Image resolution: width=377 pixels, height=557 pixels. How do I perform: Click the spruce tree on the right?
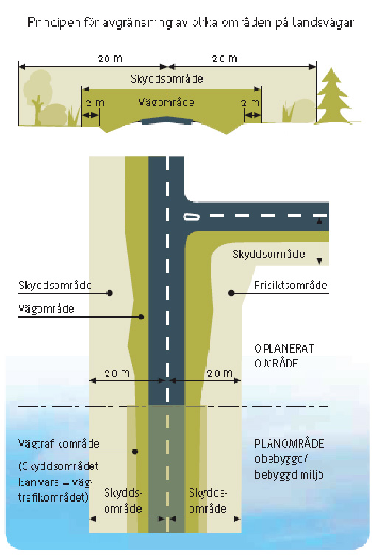tap(333, 97)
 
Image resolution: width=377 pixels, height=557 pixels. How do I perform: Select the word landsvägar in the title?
tap(323, 22)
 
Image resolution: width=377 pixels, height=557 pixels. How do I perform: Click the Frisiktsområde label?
tap(291, 286)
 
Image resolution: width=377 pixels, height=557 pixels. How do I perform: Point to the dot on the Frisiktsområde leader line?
tap(231, 293)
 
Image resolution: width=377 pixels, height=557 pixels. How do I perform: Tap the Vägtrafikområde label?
tap(58, 443)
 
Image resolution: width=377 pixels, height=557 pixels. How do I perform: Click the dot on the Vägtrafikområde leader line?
tap(135, 452)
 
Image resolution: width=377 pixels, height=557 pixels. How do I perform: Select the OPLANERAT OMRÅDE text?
tap(284, 356)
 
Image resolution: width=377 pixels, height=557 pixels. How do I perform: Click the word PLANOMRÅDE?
tap(289, 443)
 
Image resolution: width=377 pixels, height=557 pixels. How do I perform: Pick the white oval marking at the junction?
tap(192, 216)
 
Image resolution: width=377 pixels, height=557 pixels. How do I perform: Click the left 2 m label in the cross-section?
tap(95, 103)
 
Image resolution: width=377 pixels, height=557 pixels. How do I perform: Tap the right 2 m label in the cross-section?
tap(251, 103)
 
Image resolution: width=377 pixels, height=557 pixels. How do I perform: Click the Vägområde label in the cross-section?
tap(167, 103)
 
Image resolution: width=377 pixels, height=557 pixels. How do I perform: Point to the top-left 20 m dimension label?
tap(110, 58)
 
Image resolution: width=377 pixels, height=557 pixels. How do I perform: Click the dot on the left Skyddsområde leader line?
tap(110, 293)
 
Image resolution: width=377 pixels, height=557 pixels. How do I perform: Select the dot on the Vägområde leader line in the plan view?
tap(141, 316)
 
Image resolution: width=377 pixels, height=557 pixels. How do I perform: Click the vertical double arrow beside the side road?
tap(319, 241)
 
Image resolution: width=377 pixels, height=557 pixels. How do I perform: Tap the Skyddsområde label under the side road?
tap(269, 255)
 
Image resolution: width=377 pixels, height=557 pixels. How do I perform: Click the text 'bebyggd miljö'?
tap(289, 474)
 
